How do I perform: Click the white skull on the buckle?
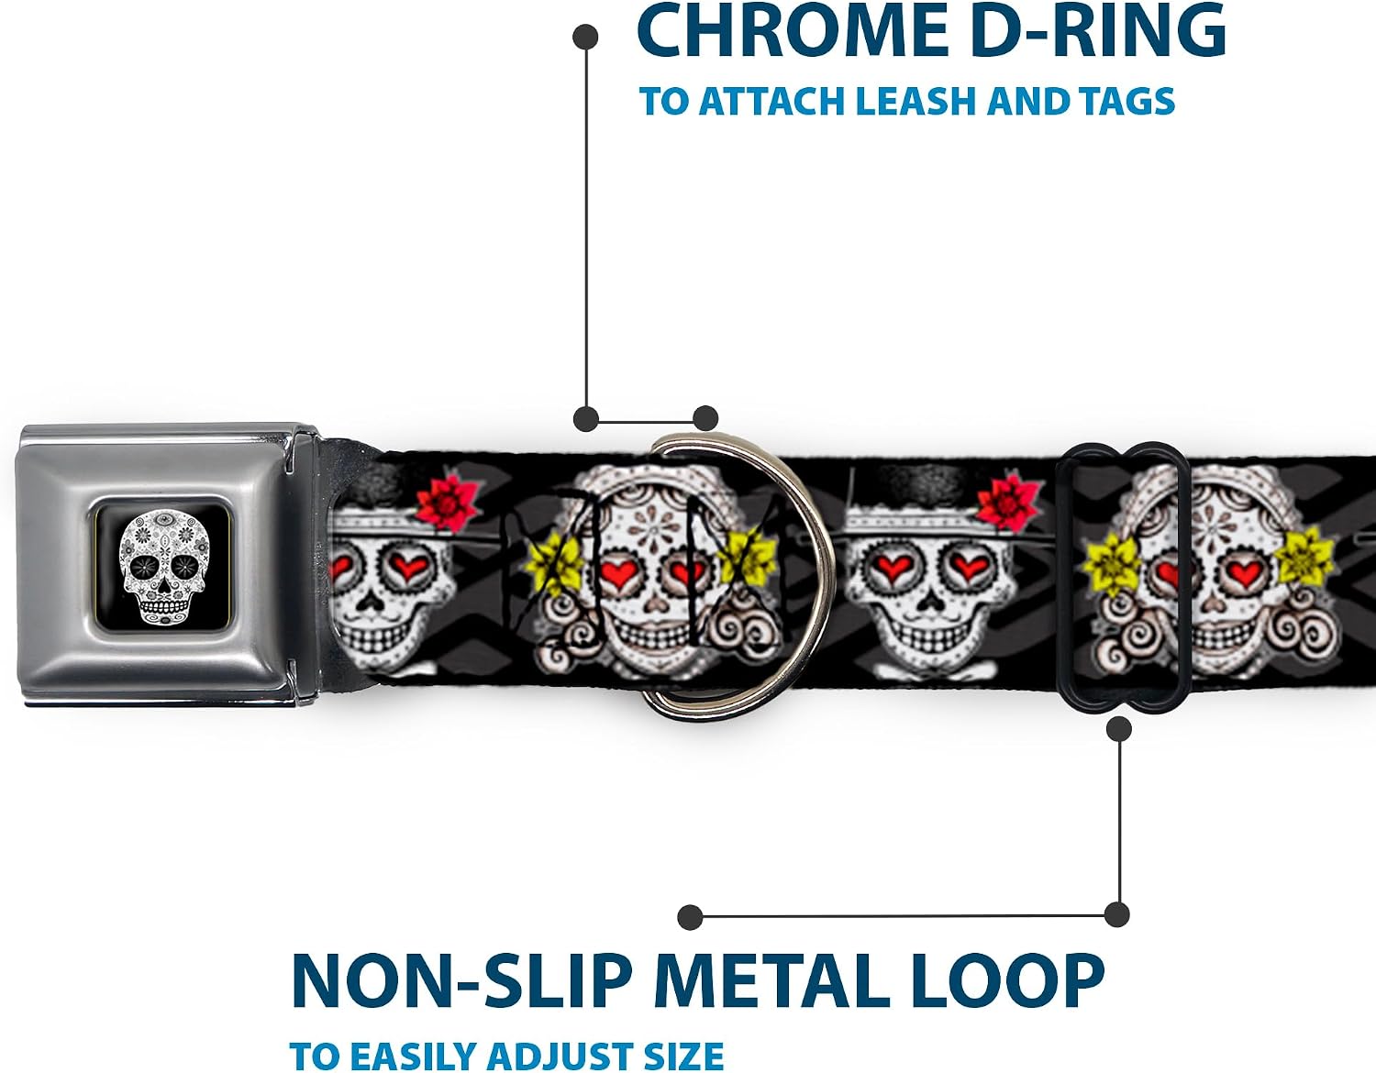pyautogui.click(x=164, y=568)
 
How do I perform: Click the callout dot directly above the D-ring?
pyautogui.click(x=705, y=418)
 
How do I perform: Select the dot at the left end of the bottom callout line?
pyautogui.click(x=690, y=917)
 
